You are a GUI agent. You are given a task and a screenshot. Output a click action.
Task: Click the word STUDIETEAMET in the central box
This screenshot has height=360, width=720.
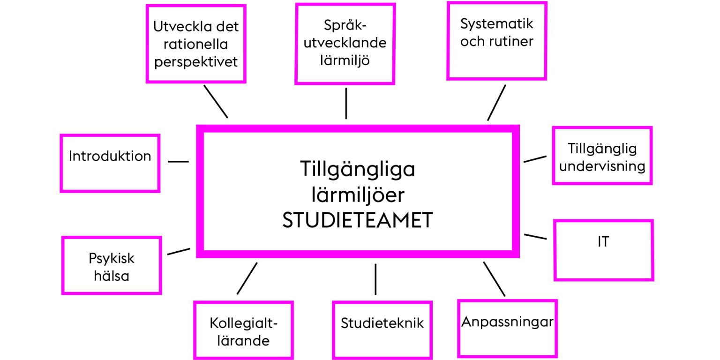tap(358, 220)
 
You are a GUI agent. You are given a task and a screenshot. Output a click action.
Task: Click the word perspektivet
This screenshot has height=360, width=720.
tap(196, 62)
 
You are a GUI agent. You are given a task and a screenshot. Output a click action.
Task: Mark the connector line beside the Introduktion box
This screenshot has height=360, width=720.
tap(178, 161)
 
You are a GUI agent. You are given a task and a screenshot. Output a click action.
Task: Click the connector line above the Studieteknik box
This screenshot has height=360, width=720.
tap(375, 279)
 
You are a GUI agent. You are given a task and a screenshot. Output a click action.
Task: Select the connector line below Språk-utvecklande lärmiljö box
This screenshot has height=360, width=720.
tap(346, 104)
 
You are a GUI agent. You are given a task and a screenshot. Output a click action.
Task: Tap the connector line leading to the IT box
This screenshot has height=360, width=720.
tap(535, 237)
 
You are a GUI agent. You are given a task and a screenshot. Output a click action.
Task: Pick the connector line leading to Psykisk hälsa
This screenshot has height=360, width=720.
tap(179, 251)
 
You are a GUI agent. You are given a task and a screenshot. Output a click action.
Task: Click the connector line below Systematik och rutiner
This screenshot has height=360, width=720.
tap(496, 103)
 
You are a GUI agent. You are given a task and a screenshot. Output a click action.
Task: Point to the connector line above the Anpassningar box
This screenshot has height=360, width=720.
tap(494, 279)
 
